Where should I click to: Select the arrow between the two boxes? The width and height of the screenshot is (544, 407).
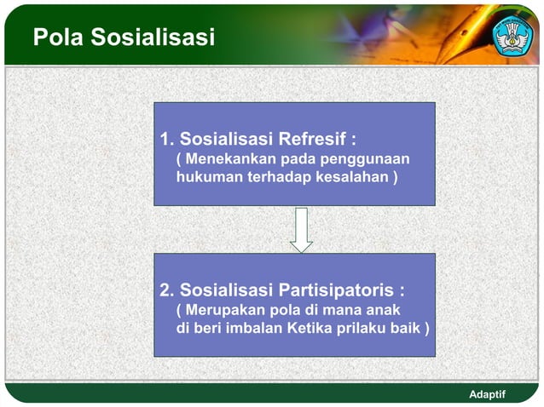tap(301, 230)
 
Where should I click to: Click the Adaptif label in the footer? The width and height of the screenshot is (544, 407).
tap(488, 394)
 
